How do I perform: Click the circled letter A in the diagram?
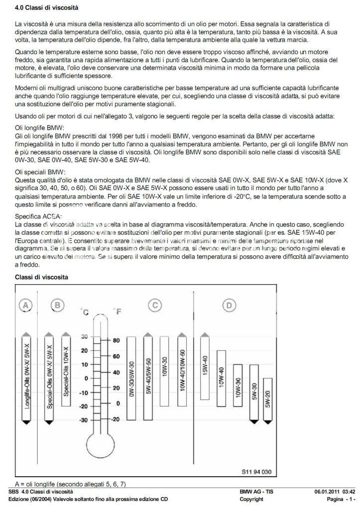click(x=26, y=305)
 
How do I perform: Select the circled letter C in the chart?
click(x=155, y=305)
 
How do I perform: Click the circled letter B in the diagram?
click(x=58, y=305)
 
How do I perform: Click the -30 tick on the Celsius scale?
click(x=84, y=419)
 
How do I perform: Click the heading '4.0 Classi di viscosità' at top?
click(x=46, y=7)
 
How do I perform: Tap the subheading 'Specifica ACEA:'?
click(x=38, y=217)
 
